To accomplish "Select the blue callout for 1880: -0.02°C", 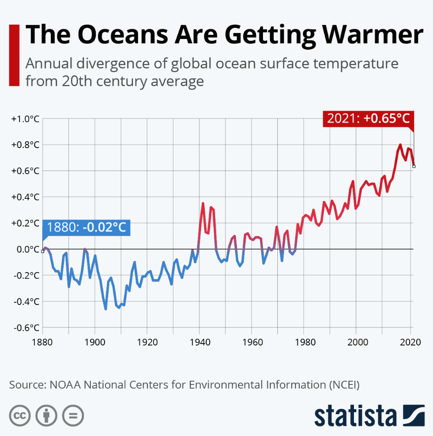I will pyautogui.click(x=86, y=228).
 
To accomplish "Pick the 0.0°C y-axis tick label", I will pyautogui.click(x=26, y=249).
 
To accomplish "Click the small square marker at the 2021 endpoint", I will pyautogui.click(x=414, y=166).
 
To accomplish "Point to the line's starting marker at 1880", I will pyautogui.click(x=43, y=251).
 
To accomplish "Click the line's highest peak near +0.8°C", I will pyautogui.click(x=400, y=145).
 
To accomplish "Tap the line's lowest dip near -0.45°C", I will pyautogui.click(x=106, y=309).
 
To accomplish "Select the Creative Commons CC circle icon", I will pyautogui.click(x=20, y=414).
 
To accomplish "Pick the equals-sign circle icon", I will pyautogui.click(x=73, y=414).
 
